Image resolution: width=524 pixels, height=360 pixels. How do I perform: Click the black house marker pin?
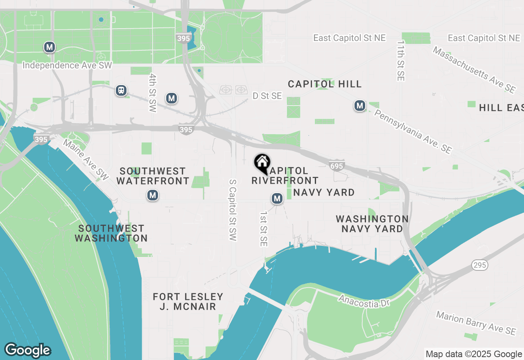(262, 163)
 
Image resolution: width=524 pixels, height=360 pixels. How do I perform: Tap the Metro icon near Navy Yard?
(277, 199)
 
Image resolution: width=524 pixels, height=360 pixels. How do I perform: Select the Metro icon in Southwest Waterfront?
(153, 196)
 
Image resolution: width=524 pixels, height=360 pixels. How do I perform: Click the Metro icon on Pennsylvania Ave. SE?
(360, 106)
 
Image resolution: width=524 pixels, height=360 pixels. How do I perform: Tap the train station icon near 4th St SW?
(121, 90)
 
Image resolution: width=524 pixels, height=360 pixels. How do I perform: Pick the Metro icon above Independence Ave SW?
(50, 47)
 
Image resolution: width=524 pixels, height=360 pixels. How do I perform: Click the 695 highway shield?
(336, 165)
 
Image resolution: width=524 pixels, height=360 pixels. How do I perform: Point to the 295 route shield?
(479, 265)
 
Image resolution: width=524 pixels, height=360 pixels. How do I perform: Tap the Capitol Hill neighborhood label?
(325, 84)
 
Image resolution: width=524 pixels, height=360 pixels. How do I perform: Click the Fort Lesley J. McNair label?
(188, 301)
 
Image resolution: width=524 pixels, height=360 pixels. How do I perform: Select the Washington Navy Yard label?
(372, 224)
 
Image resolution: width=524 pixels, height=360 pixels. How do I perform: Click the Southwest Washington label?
(111, 233)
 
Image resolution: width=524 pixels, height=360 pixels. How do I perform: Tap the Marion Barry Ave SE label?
(476, 323)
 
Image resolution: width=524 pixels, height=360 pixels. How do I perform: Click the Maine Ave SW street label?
(86, 160)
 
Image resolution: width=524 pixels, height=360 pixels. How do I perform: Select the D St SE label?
(267, 96)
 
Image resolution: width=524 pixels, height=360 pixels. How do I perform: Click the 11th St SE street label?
(400, 60)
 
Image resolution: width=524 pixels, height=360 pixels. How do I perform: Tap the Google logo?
(28, 350)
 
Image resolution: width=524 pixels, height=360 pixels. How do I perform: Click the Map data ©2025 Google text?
(473, 354)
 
